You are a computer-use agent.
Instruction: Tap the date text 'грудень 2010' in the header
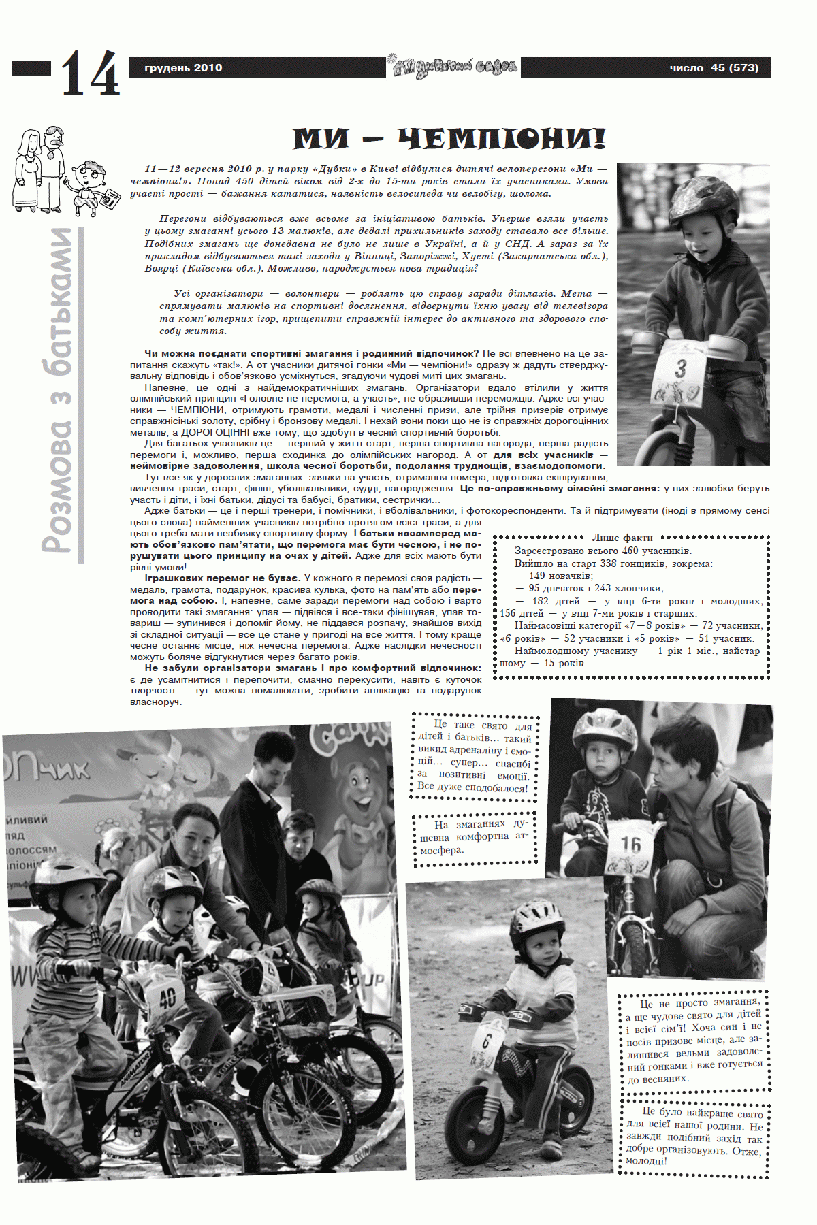point(183,68)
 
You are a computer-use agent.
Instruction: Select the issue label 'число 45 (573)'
point(714,68)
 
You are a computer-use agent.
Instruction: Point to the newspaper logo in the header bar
point(453,67)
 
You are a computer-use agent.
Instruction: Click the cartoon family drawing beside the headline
point(60,171)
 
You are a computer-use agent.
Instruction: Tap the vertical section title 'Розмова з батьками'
point(59,391)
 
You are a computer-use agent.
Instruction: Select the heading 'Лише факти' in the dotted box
point(622,538)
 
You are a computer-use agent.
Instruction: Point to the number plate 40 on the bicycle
point(167,998)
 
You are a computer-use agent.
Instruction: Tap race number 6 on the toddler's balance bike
point(486,1041)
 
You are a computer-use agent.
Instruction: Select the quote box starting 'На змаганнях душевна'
point(474,837)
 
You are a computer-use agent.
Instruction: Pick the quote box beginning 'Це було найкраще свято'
point(694,1136)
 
